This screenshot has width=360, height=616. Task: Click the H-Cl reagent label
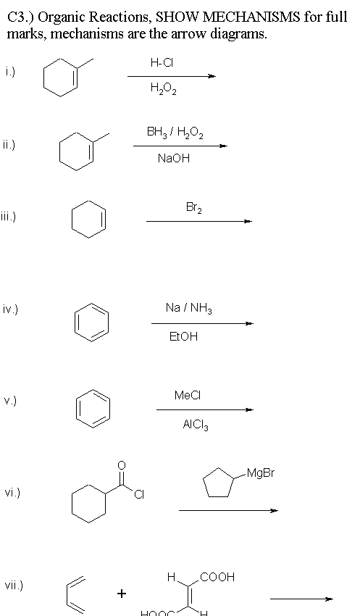pos(162,62)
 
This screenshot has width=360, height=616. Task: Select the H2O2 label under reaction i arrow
pos(163,90)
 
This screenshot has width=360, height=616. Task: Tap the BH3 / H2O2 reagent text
pos(175,132)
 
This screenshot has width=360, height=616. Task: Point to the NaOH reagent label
pos(174,158)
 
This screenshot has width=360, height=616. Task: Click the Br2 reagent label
pos(194,208)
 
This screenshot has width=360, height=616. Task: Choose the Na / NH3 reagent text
pos(189,309)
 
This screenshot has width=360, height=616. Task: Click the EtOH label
pos(183,337)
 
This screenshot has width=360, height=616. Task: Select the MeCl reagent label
pos(188,395)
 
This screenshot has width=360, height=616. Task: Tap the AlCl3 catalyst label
pos(196,425)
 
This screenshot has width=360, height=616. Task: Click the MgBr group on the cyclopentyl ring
pos(261,473)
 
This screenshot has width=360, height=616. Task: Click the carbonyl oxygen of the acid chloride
pos(122,465)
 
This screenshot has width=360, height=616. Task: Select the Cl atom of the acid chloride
pos(139,495)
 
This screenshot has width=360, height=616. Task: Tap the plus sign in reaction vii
pos(122,593)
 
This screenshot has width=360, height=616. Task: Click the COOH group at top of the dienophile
pos(217,577)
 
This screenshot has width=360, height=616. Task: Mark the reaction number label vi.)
pos(12,492)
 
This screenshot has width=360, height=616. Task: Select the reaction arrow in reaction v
pos(205,409)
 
